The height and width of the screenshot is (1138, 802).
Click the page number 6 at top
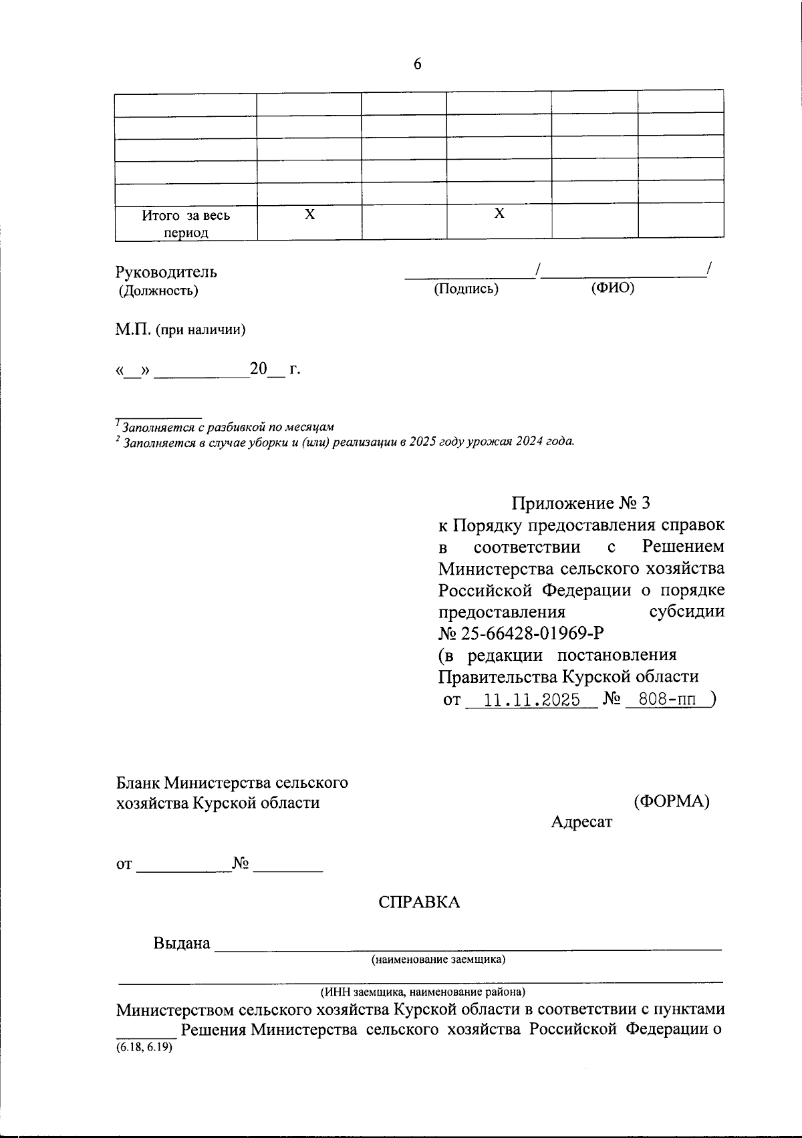[418, 64]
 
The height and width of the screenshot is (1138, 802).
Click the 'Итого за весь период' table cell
[186, 224]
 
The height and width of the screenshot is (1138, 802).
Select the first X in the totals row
[309, 215]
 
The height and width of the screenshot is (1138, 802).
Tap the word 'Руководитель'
[166, 272]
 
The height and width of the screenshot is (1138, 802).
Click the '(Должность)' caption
[158, 291]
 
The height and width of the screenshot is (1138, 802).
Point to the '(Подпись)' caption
[466, 289]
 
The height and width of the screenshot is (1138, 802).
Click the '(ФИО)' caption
[612, 288]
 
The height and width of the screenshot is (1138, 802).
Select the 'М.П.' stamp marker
[133, 329]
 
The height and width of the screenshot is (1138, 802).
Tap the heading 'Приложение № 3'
[580, 503]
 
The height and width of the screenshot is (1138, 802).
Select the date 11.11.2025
[531, 700]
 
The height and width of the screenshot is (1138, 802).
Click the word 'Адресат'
[581, 822]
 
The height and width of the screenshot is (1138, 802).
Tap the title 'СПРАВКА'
[419, 902]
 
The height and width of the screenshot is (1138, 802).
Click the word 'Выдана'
[182, 944]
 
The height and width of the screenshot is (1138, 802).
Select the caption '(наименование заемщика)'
[438, 960]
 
